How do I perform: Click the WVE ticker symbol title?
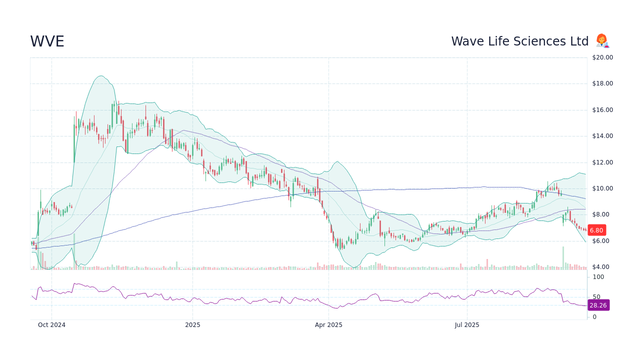47,41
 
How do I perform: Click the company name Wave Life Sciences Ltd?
519,41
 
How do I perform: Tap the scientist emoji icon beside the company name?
602,41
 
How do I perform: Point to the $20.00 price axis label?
602,57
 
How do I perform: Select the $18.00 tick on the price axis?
602,83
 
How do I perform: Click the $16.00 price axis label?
602,110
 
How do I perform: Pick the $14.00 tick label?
602,136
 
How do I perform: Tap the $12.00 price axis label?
602,162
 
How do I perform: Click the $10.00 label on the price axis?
602,188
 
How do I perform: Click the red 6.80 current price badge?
596,230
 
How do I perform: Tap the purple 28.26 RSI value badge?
598,305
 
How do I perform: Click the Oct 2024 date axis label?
51,325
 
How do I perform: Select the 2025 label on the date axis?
192,325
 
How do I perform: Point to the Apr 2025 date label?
328,325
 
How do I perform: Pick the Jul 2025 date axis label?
467,325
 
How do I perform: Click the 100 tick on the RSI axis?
598,277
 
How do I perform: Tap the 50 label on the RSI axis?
596,297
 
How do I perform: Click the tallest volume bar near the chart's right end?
563,258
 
